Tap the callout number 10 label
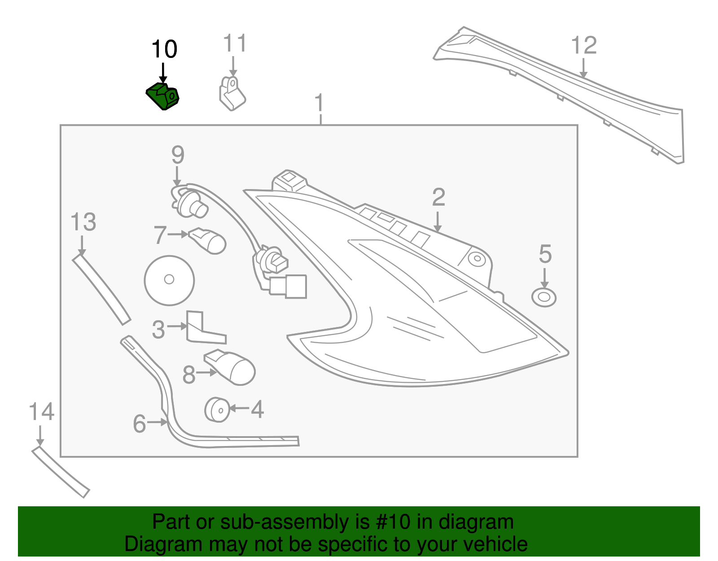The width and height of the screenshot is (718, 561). click(x=164, y=49)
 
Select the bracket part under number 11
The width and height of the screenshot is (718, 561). click(x=232, y=94)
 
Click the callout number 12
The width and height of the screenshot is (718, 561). click(x=584, y=46)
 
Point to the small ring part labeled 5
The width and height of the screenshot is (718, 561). click(x=543, y=297)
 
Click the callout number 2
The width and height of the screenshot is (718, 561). click(x=438, y=198)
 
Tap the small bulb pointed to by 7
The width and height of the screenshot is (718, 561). click(x=208, y=241)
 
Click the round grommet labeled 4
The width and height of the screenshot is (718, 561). click(x=217, y=409)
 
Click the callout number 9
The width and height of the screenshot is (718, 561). click(x=178, y=155)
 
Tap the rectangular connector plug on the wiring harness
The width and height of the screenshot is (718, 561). click(x=289, y=286)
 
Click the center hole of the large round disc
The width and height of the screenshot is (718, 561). click(x=169, y=279)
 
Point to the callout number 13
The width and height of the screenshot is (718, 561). click(x=83, y=222)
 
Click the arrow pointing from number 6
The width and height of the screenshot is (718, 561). click(x=157, y=422)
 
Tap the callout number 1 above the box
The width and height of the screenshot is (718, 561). click(x=319, y=103)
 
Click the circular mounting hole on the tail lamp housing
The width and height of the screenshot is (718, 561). click(x=477, y=259)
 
